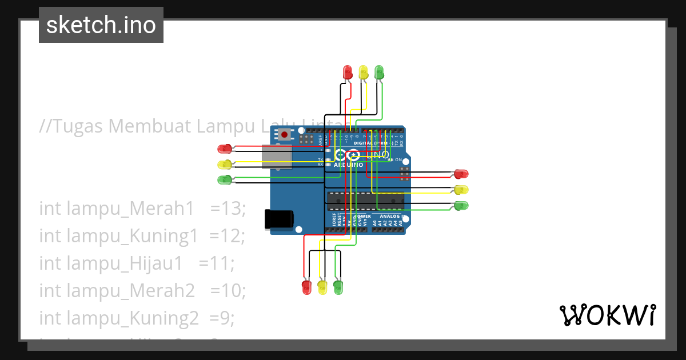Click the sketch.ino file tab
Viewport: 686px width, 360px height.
(x=101, y=25)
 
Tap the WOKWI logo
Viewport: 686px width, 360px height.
(x=607, y=315)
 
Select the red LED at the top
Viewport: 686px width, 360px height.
(x=347, y=72)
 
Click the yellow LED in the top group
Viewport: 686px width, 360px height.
(x=363, y=72)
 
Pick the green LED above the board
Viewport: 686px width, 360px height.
(x=378, y=72)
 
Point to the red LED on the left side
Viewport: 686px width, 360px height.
(x=225, y=149)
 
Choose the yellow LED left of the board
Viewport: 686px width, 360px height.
(x=225, y=165)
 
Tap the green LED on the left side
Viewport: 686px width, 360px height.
(x=225, y=180)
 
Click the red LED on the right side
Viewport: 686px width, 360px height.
(x=461, y=174)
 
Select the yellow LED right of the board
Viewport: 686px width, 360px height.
(x=461, y=189)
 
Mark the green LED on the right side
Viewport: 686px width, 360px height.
(x=461, y=205)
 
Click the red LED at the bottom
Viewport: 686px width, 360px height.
(x=306, y=286)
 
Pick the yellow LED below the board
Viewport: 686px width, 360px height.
(x=322, y=286)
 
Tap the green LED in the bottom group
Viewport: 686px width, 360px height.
(x=338, y=286)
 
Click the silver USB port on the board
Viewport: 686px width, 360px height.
(x=277, y=157)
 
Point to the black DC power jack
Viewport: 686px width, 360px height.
(x=279, y=219)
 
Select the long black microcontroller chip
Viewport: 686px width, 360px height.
(x=365, y=199)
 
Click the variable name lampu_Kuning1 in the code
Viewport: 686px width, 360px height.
(x=119, y=236)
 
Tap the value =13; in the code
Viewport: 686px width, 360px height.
(x=228, y=210)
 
